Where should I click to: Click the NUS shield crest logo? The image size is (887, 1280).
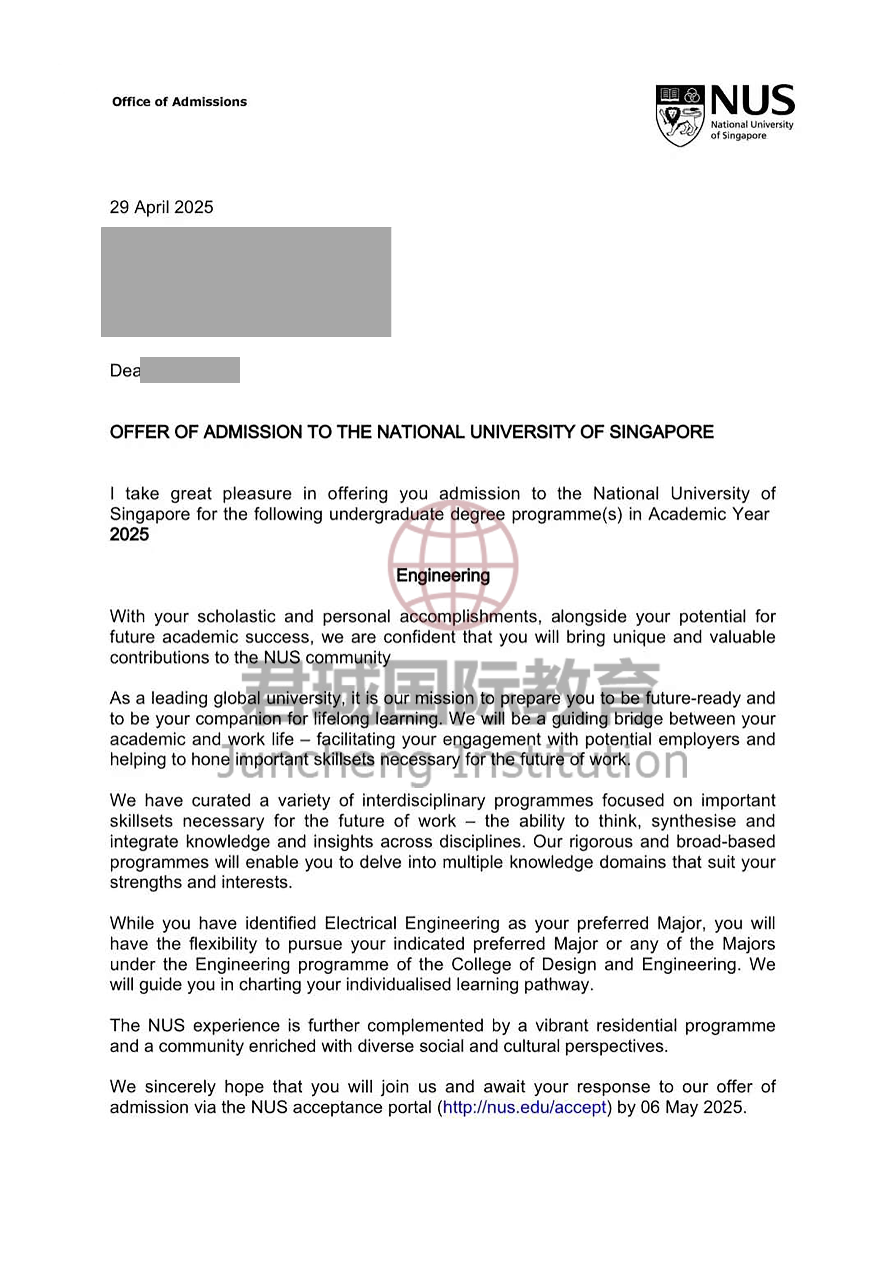[679, 115]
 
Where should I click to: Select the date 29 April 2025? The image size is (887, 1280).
[161, 207]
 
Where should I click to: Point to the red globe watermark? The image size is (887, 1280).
[453, 564]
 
